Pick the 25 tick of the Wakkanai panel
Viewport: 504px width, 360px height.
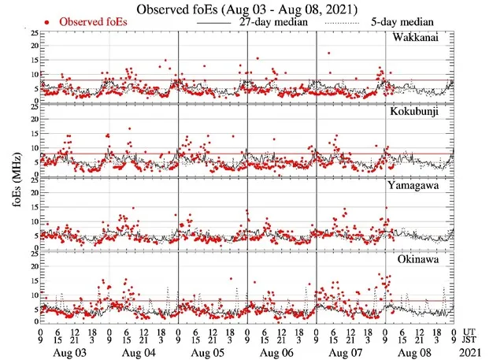pos(32,34)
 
